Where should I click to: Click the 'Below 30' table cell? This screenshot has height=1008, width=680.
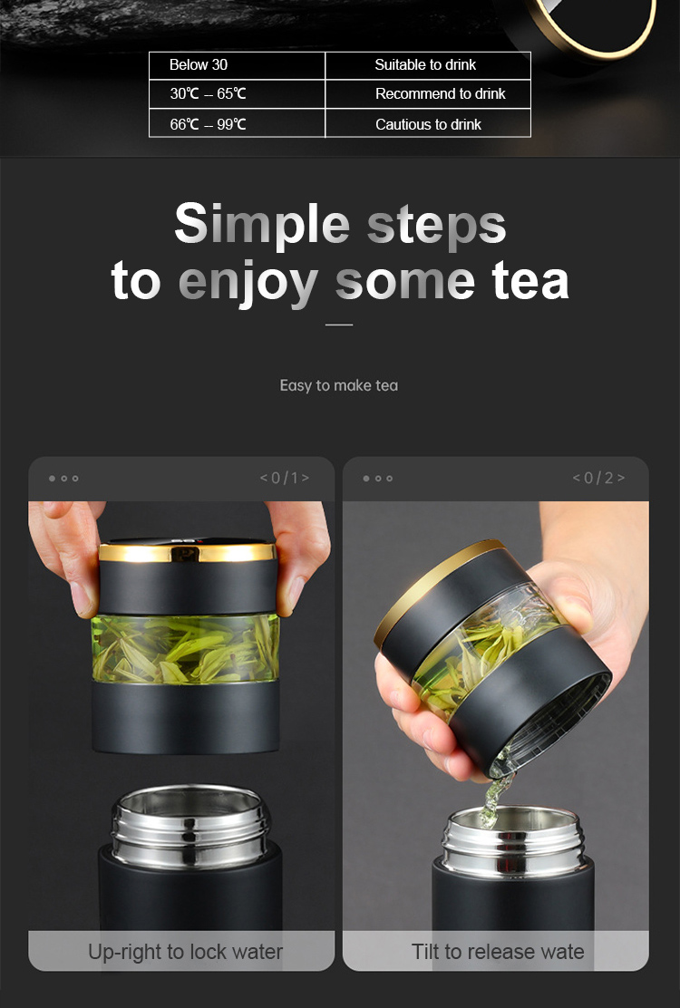coord(238,65)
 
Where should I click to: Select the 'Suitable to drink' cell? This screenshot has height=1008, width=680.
coord(428,65)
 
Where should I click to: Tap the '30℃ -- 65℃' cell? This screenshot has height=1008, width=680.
coord(238,94)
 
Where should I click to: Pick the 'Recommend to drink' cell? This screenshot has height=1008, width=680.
coord(428,94)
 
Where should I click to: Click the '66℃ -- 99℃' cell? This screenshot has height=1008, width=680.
coord(238,123)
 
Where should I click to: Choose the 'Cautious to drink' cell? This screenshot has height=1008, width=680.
coord(428,123)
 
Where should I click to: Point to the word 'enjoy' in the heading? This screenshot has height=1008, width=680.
coord(248,283)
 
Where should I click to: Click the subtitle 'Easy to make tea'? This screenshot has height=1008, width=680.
coord(339,386)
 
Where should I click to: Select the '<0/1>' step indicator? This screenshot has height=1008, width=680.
coord(284,478)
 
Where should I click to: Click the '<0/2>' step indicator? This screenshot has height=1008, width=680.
coord(598,478)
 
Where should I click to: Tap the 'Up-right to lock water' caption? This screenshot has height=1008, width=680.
coord(185,952)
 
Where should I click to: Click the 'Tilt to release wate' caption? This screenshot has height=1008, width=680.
coord(498,952)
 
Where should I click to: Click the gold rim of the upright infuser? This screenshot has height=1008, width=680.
coord(187,552)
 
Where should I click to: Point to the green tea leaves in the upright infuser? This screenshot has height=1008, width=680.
coord(186,649)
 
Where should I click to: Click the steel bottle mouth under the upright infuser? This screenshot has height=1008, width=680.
coord(191,825)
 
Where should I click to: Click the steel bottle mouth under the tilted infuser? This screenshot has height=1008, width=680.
coord(513,841)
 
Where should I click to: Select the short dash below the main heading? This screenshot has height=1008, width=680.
coord(339,325)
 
